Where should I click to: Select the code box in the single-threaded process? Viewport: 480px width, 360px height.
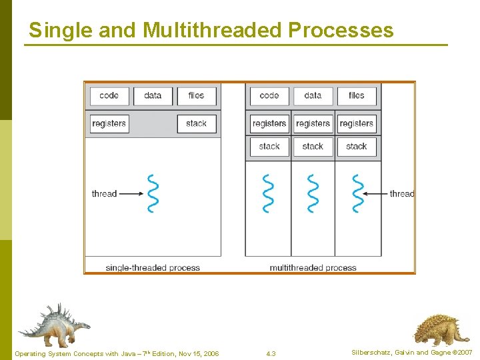[x=109, y=95]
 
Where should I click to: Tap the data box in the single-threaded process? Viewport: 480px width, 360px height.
[x=153, y=95]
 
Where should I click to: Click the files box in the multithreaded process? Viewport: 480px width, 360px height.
[x=357, y=95]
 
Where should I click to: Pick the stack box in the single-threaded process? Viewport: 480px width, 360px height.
[x=196, y=123]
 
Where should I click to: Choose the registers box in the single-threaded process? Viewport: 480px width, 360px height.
[x=109, y=123]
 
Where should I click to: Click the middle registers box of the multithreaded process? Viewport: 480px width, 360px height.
[x=313, y=123]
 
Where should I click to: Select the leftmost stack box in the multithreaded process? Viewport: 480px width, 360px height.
[x=269, y=146]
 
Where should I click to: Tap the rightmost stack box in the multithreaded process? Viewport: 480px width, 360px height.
[x=357, y=146]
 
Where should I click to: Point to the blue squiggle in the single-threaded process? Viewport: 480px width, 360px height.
[x=153, y=193]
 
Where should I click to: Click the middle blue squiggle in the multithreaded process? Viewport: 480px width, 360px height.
[x=313, y=193]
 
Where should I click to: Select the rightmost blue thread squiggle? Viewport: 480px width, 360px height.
[x=358, y=193]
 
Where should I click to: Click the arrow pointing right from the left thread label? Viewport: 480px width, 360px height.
[x=131, y=194]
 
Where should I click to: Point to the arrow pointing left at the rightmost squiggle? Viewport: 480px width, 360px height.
[x=378, y=194]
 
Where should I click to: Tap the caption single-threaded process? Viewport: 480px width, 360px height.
[x=153, y=268]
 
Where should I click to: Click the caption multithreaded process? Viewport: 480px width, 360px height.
[x=313, y=268]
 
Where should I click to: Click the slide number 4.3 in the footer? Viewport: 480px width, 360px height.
[x=271, y=353]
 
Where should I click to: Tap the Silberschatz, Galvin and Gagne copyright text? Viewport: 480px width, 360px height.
[x=412, y=352]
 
